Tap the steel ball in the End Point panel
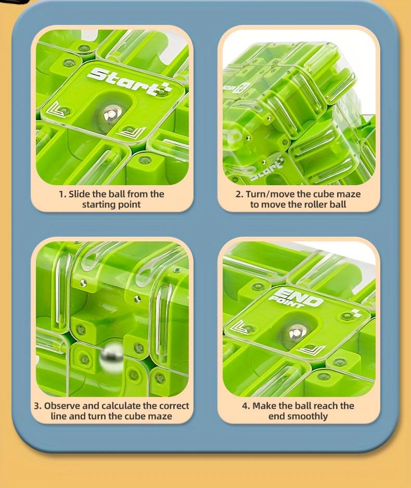click(296, 332)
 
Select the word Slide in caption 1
click(80, 194)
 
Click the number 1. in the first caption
click(62, 194)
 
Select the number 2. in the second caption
click(239, 194)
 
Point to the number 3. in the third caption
click(37, 406)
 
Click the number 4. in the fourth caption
click(246, 406)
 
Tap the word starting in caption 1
click(97, 205)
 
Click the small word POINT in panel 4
click(286, 302)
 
